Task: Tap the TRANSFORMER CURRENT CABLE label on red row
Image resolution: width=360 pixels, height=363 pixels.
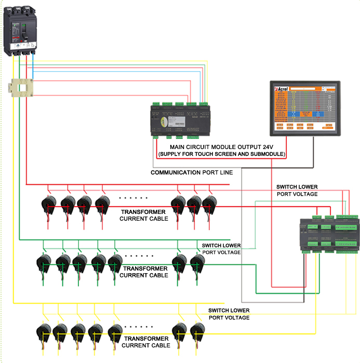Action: pos(144,216)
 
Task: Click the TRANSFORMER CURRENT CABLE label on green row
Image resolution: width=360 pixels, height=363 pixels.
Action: pos(144,272)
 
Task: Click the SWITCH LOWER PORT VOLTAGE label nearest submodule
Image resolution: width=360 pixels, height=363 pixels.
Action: pos(297,190)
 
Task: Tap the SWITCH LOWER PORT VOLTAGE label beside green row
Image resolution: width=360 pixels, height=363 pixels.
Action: pos(221,249)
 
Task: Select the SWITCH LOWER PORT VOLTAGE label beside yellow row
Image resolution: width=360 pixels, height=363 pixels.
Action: pos(229,314)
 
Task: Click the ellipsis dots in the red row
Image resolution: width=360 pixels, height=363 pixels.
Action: pos(134,198)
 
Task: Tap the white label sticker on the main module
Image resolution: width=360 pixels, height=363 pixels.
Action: pos(175,122)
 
